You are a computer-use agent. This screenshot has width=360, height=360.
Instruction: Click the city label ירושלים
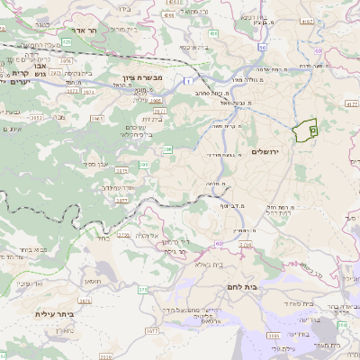point(267,150)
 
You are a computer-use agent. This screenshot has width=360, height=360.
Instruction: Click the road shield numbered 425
point(67,41)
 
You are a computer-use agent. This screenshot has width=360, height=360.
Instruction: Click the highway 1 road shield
point(191,81)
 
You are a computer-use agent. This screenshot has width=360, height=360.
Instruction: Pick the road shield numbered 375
point(143,290)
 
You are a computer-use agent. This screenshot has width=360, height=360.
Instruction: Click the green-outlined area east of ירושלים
point(308,130)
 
